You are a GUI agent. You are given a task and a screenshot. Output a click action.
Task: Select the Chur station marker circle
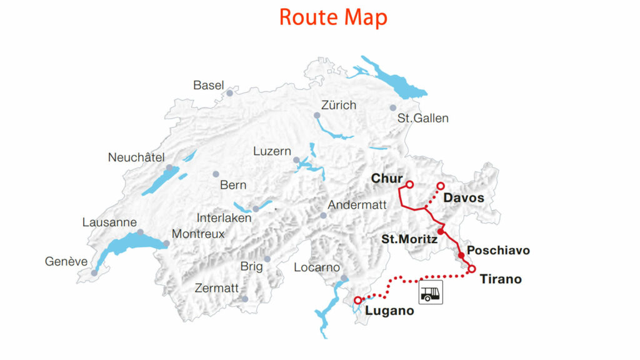coord(410,184)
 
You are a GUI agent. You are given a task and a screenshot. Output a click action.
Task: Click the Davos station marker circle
coord(440,186)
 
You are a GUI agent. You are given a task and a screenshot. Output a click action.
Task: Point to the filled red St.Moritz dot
coord(441,232)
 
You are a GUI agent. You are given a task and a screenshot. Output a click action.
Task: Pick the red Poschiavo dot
coord(461,255)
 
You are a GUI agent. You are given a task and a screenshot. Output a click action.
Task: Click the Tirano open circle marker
coord(472,269)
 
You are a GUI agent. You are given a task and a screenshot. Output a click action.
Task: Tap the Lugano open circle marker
coord(357,301)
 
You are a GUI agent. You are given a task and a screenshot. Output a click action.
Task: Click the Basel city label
coord(208,85)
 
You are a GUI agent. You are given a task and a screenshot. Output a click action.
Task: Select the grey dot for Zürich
coord(317,116)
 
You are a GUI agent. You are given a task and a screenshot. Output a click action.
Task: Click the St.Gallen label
coord(423,118)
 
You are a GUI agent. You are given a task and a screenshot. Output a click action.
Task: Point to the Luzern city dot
coord(296,161)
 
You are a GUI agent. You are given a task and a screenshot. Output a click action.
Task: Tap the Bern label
coord(233,185)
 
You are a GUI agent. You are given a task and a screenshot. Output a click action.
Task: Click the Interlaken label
coord(224,218)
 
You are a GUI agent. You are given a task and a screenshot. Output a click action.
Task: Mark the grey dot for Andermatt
coord(323,216)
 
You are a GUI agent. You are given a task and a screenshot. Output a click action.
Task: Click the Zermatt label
coord(217,288)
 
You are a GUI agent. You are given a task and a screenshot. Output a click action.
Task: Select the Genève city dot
coord(94,272)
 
